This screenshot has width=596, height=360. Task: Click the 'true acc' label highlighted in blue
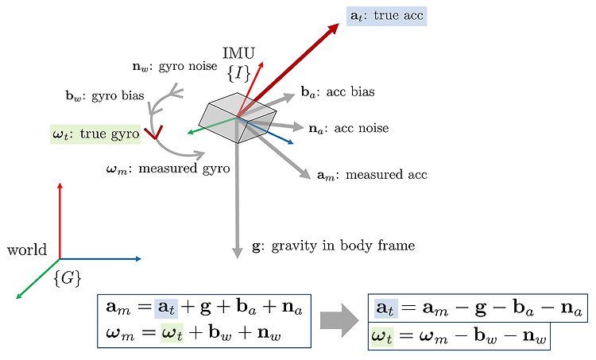[386, 16]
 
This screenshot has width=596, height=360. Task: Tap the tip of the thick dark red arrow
[339, 24]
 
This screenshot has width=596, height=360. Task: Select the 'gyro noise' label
[175, 66]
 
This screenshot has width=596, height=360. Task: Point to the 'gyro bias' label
[105, 95]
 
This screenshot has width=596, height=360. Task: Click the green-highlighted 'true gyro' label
[95, 134]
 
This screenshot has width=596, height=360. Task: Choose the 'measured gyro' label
[168, 168]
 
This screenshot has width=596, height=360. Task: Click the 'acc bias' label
[338, 91]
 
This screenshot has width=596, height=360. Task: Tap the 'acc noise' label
[349, 129]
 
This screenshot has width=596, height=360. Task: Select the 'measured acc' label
[372, 175]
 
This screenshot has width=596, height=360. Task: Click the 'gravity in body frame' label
[333, 246]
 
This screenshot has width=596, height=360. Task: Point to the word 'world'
[27, 250]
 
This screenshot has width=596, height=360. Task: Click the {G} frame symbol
[68, 279]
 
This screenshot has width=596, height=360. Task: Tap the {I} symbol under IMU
[238, 73]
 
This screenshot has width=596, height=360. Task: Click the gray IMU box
[238, 118]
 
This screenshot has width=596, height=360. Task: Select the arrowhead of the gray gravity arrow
[237, 252]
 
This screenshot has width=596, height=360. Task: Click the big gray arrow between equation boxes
[339, 320]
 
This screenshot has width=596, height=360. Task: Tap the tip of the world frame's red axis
[60, 183]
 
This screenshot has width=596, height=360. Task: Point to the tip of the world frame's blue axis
[141, 259]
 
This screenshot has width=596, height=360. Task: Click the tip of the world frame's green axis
[16, 299]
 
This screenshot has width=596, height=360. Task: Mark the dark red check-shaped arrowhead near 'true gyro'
[153, 132]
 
